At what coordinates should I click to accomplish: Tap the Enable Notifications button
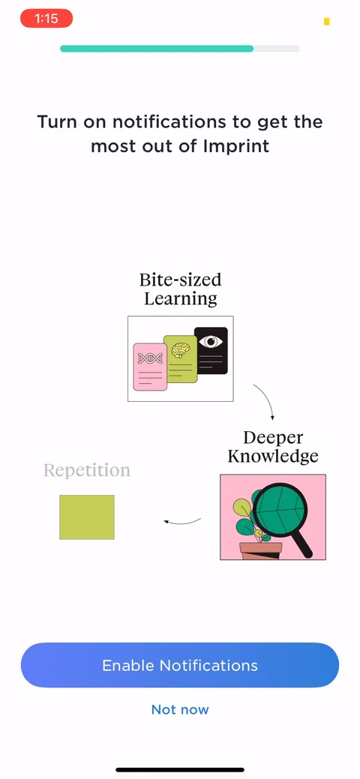coord(179,665)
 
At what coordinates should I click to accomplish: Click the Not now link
coord(180,709)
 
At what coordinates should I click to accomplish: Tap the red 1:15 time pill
coord(46,19)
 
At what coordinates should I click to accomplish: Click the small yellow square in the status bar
coord(327,21)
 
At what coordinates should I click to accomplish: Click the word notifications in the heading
coord(165,121)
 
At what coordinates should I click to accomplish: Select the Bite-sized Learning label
coord(180,289)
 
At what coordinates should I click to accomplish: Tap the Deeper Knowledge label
coord(273,447)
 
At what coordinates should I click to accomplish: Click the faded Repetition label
coord(87,470)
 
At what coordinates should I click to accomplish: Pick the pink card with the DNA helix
coord(150,367)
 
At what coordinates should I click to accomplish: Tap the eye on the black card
coord(211,343)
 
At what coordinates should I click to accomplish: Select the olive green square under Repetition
coord(87,517)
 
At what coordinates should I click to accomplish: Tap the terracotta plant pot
coord(260,551)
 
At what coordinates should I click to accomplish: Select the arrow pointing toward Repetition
coord(182,522)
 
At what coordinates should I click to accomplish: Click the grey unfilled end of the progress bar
coord(277,49)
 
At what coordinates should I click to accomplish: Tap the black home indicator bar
coord(180,769)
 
